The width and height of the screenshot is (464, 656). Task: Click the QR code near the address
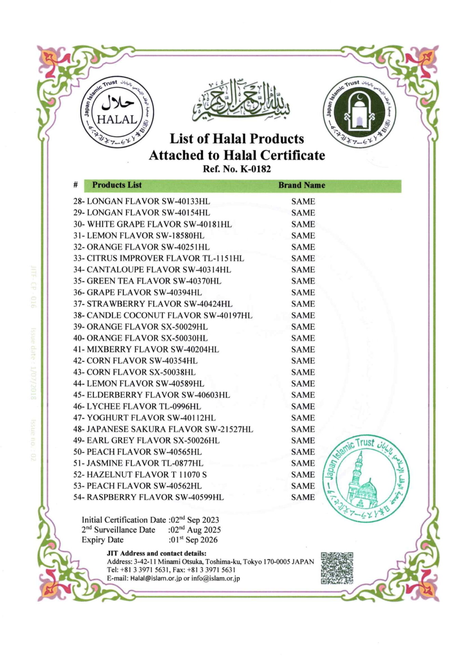(x=337, y=568)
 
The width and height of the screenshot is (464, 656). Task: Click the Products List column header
(x=117, y=185)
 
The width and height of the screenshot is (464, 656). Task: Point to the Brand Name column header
(x=301, y=185)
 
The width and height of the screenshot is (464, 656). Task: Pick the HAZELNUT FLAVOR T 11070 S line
(x=147, y=475)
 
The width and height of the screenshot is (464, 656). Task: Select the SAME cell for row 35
(x=303, y=281)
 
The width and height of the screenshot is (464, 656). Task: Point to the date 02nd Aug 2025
(x=195, y=530)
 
